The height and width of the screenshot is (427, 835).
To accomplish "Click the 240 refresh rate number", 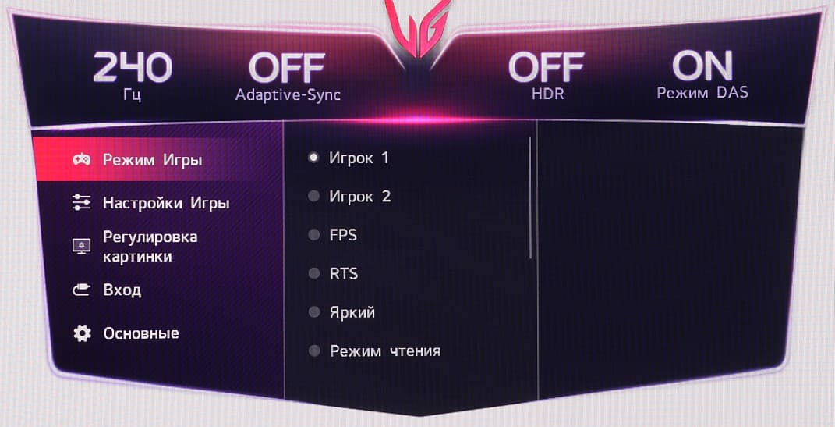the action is click(x=133, y=68).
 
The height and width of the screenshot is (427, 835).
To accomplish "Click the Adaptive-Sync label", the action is click(x=288, y=95).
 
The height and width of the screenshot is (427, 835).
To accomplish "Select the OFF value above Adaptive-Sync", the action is click(x=286, y=68).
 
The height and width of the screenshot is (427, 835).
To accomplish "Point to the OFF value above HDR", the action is click(x=547, y=67).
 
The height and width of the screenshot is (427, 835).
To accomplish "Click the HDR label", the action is click(x=547, y=94).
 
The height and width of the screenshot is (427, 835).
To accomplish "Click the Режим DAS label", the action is click(x=702, y=92).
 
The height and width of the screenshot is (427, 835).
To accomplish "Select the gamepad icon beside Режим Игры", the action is click(x=82, y=159).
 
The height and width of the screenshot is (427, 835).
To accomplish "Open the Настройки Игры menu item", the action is click(x=166, y=203).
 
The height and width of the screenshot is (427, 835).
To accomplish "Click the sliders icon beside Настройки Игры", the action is click(x=82, y=203).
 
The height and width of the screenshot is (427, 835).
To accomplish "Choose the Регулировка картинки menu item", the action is click(x=150, y=246).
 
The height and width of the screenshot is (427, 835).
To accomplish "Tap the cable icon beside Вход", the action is click(x=82, y=290).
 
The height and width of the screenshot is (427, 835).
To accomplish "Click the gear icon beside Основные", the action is click(x=82, y=333).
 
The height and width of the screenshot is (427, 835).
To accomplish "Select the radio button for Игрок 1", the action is click(x=313, y=157).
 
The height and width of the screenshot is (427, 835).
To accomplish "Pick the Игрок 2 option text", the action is click(x=360, y=196).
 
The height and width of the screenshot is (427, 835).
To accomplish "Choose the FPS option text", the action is click(x=343, y=235).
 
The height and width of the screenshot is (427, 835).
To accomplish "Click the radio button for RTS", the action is click(x=313, y=273).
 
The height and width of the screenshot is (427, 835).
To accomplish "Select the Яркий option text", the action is click(x=352, y=312).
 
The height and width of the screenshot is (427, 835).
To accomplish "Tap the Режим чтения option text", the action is click(x=385, y=350).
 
